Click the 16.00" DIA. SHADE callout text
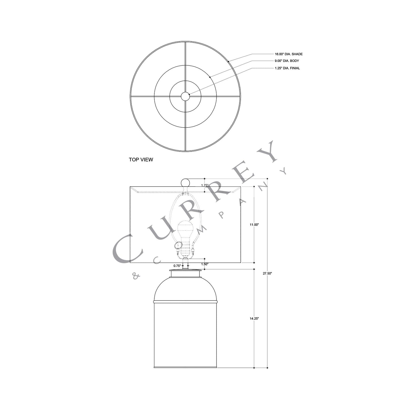[289, 54]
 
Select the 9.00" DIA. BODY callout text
[287, 61]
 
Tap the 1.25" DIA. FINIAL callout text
[287, 68]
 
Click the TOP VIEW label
[141, 160]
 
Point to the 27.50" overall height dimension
[267, 274]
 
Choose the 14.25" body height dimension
[254, 319]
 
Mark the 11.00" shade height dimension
[254, 225]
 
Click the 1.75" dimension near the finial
[205, 185]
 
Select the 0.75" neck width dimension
[177, 266]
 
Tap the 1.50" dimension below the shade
[205, 264]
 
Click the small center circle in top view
[185, 97]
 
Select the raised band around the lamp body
[185, 301]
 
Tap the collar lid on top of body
[185, 274]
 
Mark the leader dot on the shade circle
[228, 61]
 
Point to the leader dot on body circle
[210, 77]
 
